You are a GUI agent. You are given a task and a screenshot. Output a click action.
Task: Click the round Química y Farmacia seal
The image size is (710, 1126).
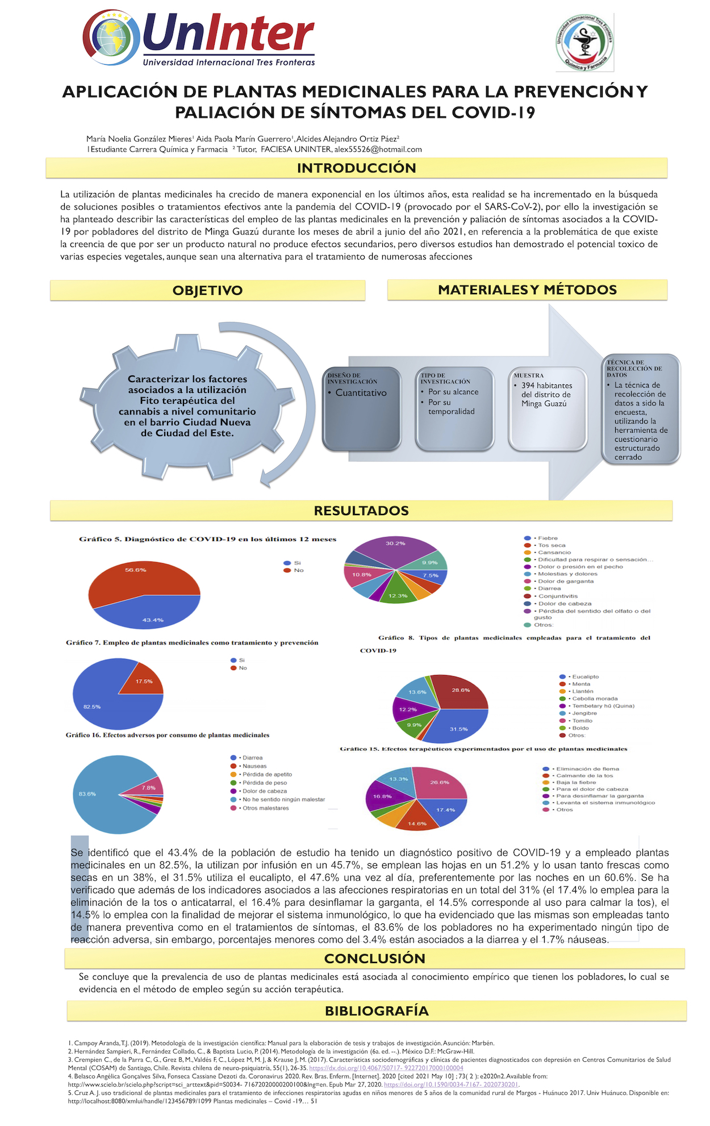pos(584,43)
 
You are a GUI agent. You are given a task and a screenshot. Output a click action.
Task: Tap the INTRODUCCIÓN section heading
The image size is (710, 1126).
pos(356,168)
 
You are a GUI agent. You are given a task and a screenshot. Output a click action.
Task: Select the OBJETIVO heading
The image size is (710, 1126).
pos(207,290)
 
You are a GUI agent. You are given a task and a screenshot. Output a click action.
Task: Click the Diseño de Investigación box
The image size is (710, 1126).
pos(362,409)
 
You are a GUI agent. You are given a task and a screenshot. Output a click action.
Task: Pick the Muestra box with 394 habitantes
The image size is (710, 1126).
pos(548,409)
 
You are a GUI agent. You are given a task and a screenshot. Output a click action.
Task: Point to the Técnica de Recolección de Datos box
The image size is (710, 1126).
pos(640,409)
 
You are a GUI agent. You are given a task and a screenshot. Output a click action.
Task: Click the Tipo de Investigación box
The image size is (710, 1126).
pos(454,409)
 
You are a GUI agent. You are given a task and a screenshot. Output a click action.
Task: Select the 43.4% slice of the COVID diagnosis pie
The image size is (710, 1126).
pos(151,613)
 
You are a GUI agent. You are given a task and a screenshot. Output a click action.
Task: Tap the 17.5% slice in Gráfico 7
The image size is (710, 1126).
pos(144,682)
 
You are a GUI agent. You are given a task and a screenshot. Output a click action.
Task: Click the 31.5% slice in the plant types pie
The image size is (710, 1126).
pos(457,727)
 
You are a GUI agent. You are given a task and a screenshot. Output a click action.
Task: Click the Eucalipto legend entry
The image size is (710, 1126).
pos(584,677)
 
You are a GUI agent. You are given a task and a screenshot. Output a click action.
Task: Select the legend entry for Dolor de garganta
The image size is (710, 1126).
pos(565,581)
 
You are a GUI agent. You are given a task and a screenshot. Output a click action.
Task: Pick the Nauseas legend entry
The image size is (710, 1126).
pos(254,766)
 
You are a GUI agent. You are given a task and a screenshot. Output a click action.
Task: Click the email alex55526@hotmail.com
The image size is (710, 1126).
pos(378,149)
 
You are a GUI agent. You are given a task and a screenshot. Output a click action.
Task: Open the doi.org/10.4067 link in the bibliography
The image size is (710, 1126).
pos(386,1068)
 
